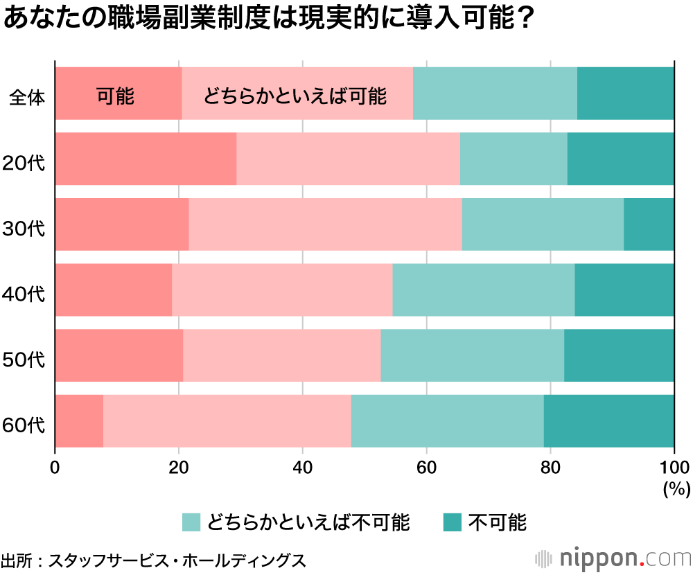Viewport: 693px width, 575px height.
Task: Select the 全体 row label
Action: point(27,98)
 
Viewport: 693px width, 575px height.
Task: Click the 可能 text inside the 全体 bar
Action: point(115,96)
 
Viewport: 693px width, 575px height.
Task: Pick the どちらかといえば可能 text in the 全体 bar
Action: point(295,96)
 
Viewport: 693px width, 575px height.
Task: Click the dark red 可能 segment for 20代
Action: point(146,159)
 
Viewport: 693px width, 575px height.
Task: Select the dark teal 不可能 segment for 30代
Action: point(649,224)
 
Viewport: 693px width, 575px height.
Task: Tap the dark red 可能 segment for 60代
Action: point(79,421)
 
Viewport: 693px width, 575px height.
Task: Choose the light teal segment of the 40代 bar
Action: point(483,290)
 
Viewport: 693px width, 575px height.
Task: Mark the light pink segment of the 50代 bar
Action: point(282,355)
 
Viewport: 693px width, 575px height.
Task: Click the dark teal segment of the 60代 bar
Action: point(608,421)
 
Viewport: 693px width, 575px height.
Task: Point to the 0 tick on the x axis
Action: point(55,466)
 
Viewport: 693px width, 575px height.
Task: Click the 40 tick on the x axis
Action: point(302,466)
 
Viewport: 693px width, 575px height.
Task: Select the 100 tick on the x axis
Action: point(673,466)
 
